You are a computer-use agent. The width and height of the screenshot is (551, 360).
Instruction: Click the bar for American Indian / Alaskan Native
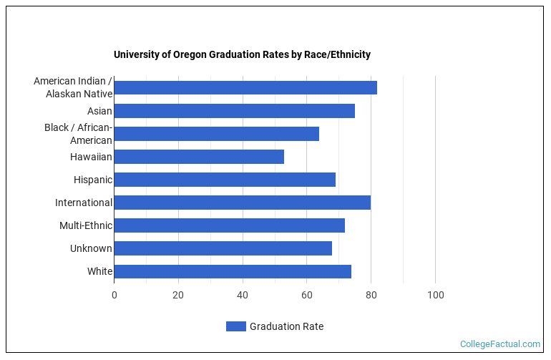[245, 88]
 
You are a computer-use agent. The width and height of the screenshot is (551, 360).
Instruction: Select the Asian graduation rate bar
[234, 111]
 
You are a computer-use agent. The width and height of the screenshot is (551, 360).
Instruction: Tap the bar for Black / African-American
[216, 134]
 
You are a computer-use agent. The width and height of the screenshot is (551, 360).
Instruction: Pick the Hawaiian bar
[199, 157]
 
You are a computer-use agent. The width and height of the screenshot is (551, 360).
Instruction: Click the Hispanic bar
[225, 180]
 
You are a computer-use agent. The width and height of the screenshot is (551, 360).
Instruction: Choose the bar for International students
[242, 203]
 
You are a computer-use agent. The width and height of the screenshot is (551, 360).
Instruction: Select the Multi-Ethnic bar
[229, 225]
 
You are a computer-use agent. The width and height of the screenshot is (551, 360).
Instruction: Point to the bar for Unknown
[223, 248]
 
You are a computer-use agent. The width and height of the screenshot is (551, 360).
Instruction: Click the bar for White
[233, 271]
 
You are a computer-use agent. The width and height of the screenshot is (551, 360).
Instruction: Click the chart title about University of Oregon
[242, 55]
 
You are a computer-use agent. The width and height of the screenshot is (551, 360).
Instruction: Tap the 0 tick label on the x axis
[114, 295]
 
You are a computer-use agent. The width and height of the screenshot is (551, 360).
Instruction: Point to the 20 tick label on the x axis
[178, 295]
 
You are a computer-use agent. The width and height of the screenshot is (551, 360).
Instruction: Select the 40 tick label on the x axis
[243, 295]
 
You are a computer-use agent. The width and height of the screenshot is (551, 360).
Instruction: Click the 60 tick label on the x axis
[307, 295]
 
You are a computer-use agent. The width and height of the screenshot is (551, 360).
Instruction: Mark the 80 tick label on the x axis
[371, 295]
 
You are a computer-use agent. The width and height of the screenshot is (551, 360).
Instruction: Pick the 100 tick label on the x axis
[435, 295]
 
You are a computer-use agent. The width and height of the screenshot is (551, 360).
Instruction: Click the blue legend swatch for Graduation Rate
[235, 326]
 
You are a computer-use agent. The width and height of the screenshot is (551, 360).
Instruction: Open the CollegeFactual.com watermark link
[499, 344]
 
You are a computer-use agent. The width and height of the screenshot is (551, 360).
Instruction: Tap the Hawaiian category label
[91, 157]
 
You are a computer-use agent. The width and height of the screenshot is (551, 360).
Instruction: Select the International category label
[84, 203]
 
